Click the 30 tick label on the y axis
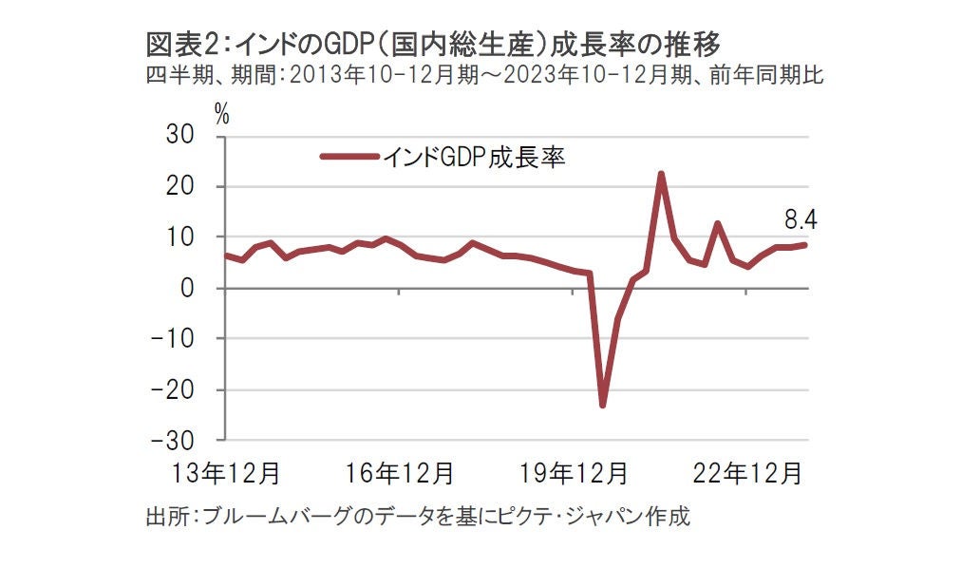tap(180, 136)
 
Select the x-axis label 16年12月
tap(399, 472)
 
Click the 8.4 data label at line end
tap(801, 221)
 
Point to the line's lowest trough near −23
tap(602, 406)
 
